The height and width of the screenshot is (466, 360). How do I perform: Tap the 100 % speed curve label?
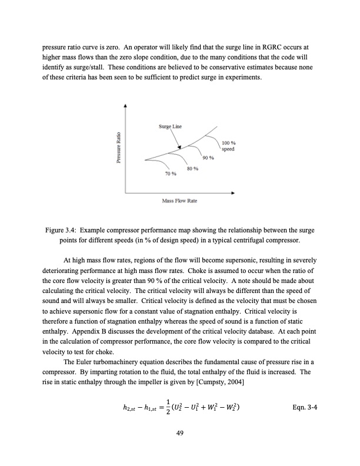[x=229, y=146]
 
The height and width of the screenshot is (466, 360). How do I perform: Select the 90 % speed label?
[x=208, y=158]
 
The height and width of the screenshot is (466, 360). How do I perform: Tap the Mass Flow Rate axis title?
[x=179, y=201]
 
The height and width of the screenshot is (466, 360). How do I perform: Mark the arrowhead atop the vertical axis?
[x=125, y=106]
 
